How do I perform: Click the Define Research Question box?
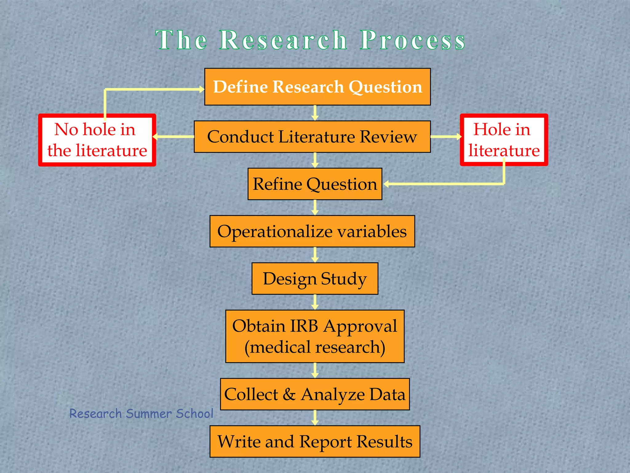(x=317, y=87)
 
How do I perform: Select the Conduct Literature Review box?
(x=312, y=137)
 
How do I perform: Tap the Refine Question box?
(x=315, y=184)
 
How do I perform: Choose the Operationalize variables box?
(x=312, y=231)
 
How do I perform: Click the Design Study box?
(x=315, y=279)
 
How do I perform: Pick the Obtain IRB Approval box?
(x=315, y=336)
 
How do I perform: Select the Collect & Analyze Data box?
(x=315, y=394)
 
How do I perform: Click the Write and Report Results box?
(x=315, y=442)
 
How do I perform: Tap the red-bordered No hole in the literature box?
(x=97, y=140)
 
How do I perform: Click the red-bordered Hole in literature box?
(x=504, y=140)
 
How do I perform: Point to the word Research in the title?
(x=283, y=40)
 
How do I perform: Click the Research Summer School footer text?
(x=141, y=414)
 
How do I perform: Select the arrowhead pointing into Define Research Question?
(x=201, y=90)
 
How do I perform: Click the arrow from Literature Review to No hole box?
(x=174, y=136)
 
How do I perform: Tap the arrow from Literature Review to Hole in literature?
(x=446, y=136)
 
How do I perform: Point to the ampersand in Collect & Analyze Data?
(x=289, y=394)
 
